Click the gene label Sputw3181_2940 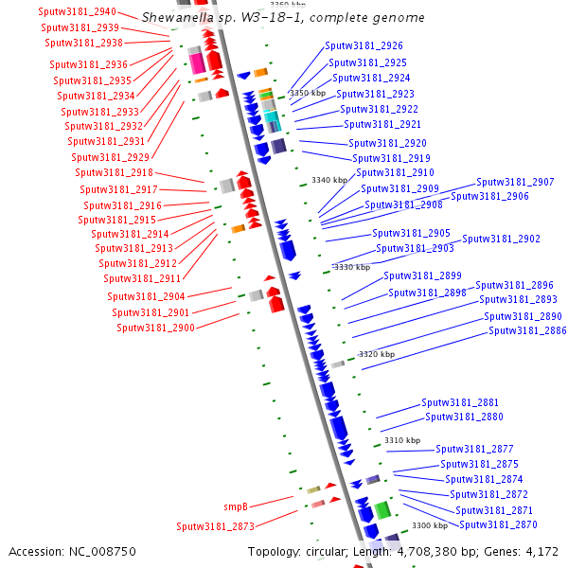pos(78,12)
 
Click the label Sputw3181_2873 pos(215,526)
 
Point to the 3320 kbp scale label pos(376,354)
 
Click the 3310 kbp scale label pos(401,440)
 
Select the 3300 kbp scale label pos(429,525)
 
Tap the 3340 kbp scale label pos(330,181)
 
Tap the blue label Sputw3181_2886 pos(527,330)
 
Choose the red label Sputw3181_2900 pos(155,328)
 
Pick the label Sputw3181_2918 pos(114,172)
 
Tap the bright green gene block pos(382,510)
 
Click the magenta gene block pos(198,63)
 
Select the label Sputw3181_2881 pos(460,402)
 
